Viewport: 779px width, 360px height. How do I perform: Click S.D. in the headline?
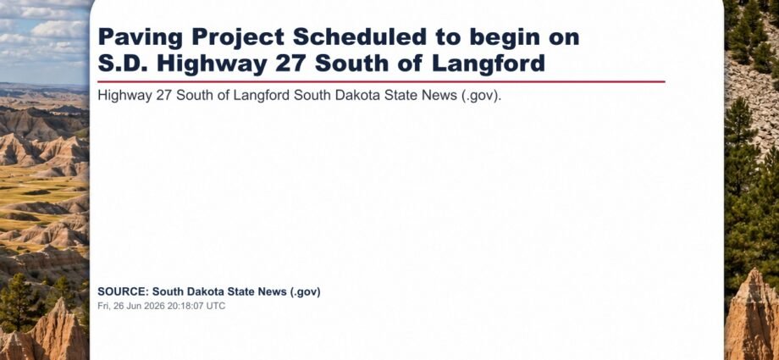click(124, 64)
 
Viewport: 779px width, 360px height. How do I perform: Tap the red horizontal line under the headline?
click(381, 81)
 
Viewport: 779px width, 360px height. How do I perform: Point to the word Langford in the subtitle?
click(264, 96)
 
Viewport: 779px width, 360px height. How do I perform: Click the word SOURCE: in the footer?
click(123, 292)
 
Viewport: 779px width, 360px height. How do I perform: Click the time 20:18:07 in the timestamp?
click(182, 306)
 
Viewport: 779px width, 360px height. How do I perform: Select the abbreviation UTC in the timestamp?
click(216, 306)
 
